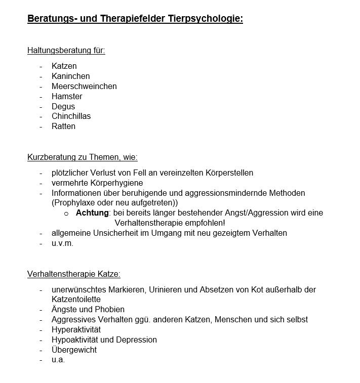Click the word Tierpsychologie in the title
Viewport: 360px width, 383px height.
click(206, 19)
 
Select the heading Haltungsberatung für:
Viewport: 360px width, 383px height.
click(66, 50)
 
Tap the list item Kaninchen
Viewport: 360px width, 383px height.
click(70, 76)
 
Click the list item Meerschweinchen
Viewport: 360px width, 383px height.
click(84, 86)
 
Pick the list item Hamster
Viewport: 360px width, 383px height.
click(67, 96)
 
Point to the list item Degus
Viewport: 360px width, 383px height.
click(63, 106)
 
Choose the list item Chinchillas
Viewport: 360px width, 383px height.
click(71, 116)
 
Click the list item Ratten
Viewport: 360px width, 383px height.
click(63, 126)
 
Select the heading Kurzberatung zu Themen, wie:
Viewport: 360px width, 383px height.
click(82, 157)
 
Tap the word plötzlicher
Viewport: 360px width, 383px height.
click(71, 173)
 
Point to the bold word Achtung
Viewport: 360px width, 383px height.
click(92, 212)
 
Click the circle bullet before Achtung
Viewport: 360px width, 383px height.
click(66, 214)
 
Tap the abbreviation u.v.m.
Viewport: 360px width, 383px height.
click(62, 243)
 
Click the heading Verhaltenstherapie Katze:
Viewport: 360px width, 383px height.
click(73, 274)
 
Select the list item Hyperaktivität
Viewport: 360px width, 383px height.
click(76, 329)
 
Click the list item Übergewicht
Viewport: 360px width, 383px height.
click(74, 350)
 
